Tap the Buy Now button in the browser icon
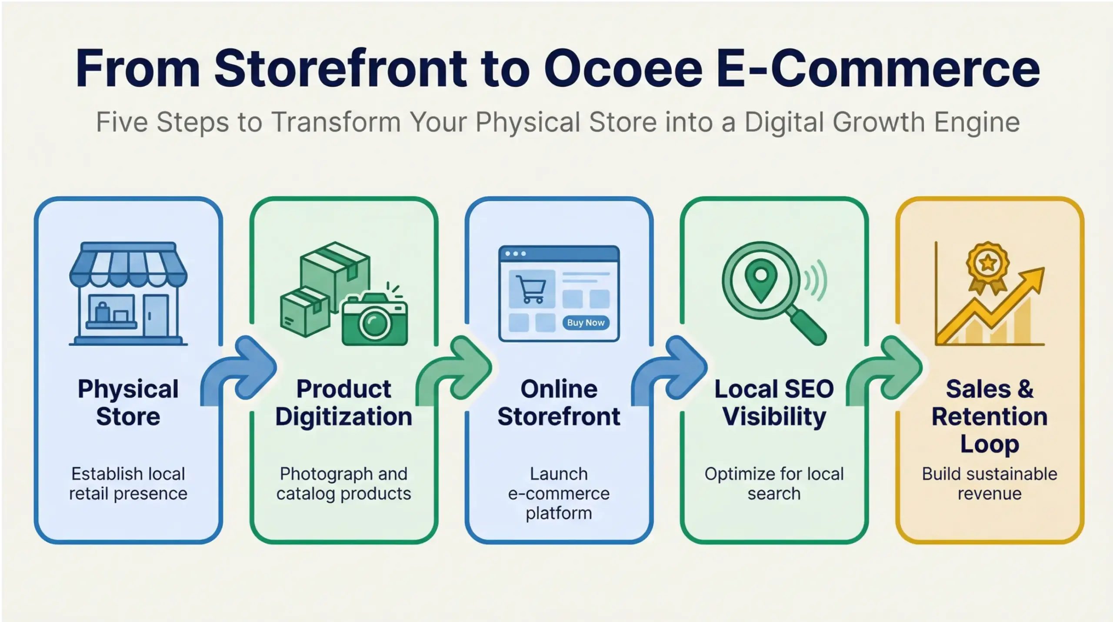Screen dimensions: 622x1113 [x=586, y=323]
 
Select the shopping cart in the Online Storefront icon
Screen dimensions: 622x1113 [x=531, y=289]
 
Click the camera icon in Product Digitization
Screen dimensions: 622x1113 [x=375, y=320]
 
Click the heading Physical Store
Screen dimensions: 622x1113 [x=128, y=403]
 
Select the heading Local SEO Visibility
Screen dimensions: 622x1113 [x=774, y=403]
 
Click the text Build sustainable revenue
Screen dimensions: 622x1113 [x=990, y=484]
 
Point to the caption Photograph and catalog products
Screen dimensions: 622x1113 [x=343, y=484]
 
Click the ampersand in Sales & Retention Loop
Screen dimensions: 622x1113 [x=1025, y=389]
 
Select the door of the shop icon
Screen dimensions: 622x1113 [x=155, y=315]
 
